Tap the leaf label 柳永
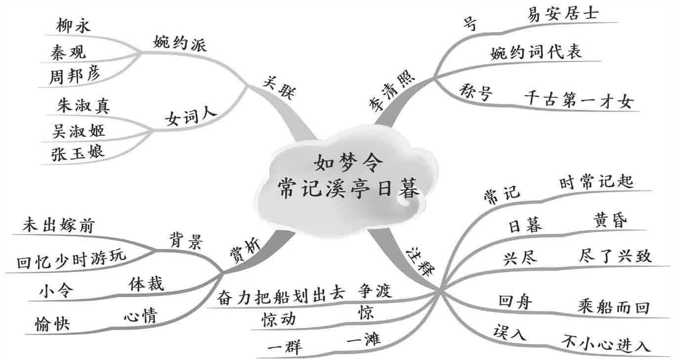[x=74, y=26]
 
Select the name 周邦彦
[x=75, y=75]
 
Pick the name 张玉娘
[x=78, y=152]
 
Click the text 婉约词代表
[x=536, y=52]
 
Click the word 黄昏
[x=609, y=221]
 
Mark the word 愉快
[x=53, y=324]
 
